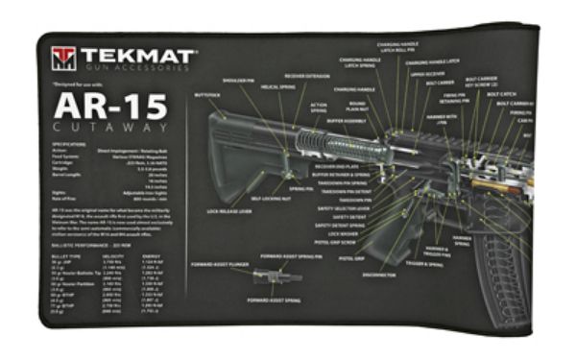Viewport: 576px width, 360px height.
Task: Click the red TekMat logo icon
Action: (x=62, y=58)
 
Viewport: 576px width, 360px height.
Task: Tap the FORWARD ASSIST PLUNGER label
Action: (x=220, y=259)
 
